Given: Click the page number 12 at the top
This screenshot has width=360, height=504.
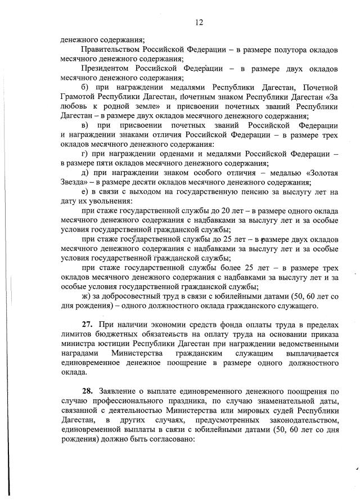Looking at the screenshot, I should pos(199,22).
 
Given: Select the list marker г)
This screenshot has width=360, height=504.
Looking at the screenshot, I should pos(85,155).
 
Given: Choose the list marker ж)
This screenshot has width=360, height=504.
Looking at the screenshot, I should pos(86,296).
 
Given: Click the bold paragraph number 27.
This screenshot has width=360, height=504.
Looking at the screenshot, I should pos(87,325).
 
